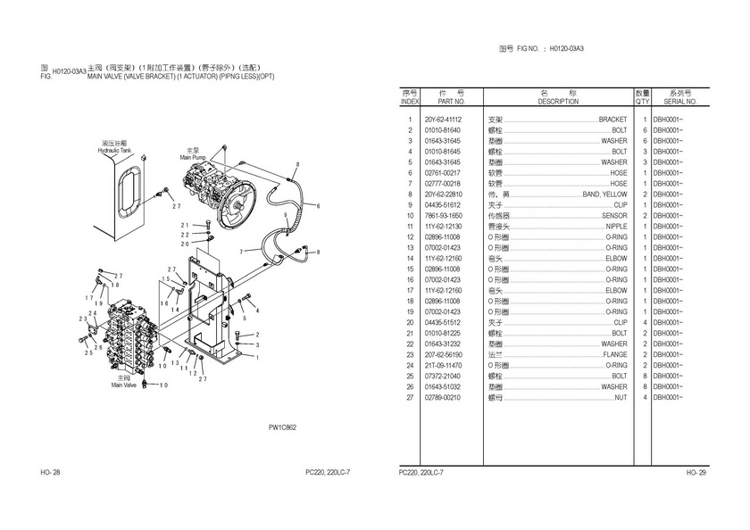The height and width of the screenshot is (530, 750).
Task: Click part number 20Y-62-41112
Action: pyautogui.click(x=443, y=120)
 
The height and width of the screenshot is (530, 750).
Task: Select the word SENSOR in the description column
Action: pyautogui.click(x=614, y=216)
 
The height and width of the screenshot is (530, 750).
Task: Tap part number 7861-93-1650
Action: pyautogui.click(x=443, y=216)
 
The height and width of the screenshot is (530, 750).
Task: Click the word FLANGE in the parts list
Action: pyautogui.click(x=614, y=354)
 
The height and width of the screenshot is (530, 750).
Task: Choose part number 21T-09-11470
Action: pyautogui.click(x=443, y=365)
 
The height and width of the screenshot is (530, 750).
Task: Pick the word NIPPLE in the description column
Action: pyautogui.click(x=616, y=227)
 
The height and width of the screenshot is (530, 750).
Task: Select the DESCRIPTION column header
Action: pyautogui.click(x=558, y=102)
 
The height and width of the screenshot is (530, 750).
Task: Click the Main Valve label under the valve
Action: pyautogui.click(x=124, y=385)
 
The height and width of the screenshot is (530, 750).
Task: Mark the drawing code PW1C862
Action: pyautogui.click(x=282, y=427)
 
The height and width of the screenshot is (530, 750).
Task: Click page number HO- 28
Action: pyautogui.click(x=50, y=472)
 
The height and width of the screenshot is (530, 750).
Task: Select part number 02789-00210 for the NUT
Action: pyautogui.click(x=443, y=397)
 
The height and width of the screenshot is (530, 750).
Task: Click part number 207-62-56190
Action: pyautogui.click(x=443, y=354)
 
